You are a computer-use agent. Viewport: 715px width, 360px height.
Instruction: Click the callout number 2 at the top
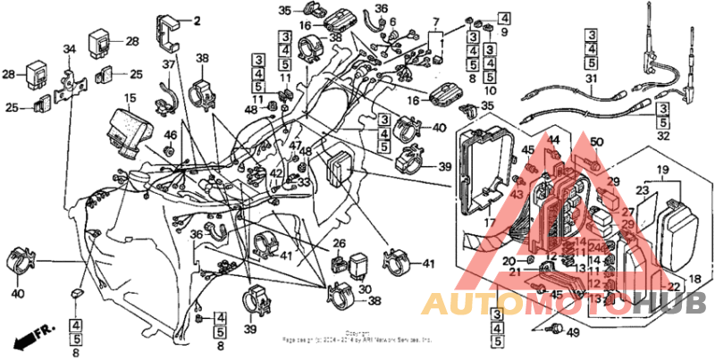(198, 20)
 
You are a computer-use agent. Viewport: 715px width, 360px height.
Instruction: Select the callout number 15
(130, 97)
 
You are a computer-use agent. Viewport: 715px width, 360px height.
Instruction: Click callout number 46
(171, 136)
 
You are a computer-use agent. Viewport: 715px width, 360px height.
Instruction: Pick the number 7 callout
(436, 21)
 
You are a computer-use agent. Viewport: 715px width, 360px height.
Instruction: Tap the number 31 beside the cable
(590, 80)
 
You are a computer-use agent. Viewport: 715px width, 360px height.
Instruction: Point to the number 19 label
(664, 169)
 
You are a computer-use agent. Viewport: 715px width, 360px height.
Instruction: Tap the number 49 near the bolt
(573, 332)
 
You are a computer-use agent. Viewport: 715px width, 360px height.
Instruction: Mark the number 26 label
(339, 243)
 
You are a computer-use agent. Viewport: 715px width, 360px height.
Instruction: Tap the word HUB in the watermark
(666, 302)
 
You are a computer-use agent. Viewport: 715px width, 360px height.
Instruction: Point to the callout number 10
(490, 90)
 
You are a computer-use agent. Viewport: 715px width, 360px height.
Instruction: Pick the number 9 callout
(504, 33)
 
